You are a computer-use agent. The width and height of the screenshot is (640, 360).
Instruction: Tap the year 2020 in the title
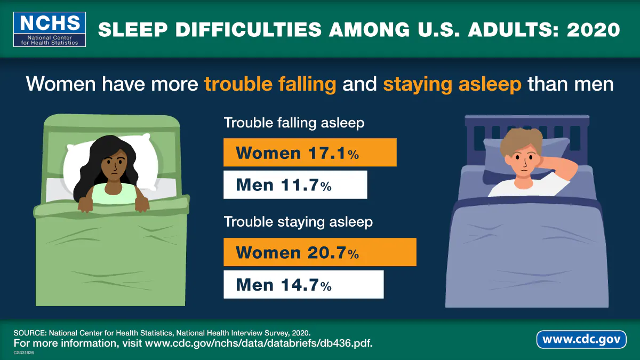[594, 29]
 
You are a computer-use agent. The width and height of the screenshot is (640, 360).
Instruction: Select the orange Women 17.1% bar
[310, 153]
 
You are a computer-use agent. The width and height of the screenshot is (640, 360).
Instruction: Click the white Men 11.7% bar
[295, 185]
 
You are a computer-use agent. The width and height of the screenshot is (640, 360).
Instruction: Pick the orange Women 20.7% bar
[319, 252]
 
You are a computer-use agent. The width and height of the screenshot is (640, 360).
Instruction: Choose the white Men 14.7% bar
[303, 284]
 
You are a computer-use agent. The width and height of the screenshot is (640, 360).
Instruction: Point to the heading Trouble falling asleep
[294, 123]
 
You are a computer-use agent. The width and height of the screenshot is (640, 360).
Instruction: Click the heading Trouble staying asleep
[298, 222]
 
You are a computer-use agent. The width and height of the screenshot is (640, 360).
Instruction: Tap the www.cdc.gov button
[581, 339]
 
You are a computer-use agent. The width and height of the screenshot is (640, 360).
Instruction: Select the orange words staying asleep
[452, 84]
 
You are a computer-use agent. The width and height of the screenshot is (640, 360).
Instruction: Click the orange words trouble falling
[270, 84]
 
